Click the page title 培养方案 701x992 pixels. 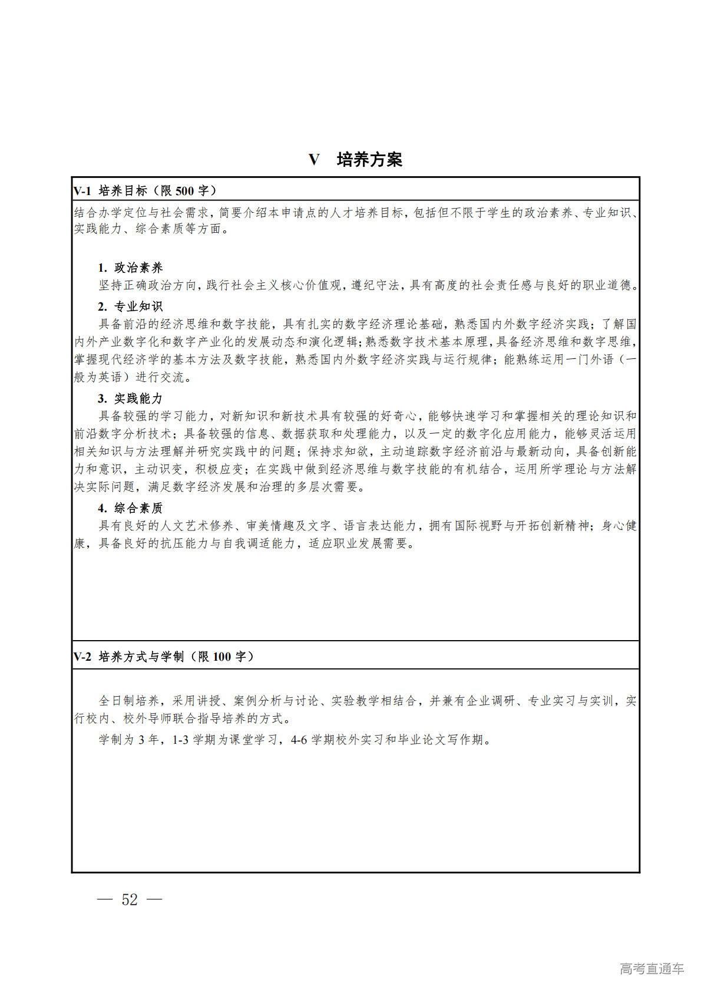pyautogui.click(x=369, y=160)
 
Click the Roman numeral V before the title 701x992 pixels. pyautogui.click(x=314, y=160)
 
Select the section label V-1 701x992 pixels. pyautogui.click(x=82, y=191)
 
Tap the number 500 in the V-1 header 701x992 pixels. pyautogui.click(x=184, y=191)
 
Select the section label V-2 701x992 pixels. pyautogui.click(x=82, y=657)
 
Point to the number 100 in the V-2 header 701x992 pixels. pyautogui.click(x=221, y=657)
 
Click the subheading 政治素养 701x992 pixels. pyautogui.click(x=138, y=268)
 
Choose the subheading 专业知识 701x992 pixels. pyautogui.click(x=138, y=307)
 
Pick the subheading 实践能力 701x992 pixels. pyautogui.click(x=138, y=398)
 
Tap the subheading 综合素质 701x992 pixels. pyautogui.click(x=138, y=508)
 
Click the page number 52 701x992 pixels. pyautogui.click(x=130, y=899)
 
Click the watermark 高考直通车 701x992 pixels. pyautogui.click(x=652, y=968)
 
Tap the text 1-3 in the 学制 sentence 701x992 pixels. pyautogui.click(x=180, y=740)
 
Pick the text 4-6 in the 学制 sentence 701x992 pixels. pyautogui.click(x=299, y=740)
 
